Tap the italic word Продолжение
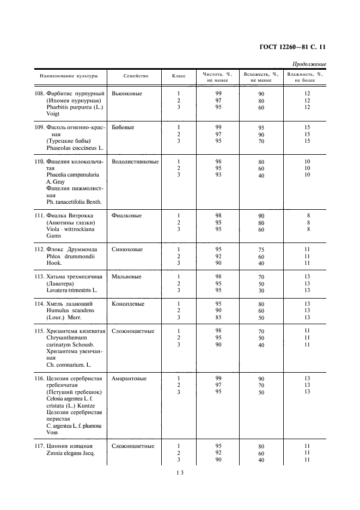[309, 64]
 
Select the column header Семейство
[136, 76]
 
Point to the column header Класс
[179, 76]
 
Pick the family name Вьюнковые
[127, 94]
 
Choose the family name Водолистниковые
[135, 162]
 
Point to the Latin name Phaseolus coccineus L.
[71, 148]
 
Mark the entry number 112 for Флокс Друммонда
[39, 250]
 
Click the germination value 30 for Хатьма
[261, 290]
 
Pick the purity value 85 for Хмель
[218, 317]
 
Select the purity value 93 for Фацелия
[218, 175]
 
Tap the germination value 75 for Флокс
[261, 250]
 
